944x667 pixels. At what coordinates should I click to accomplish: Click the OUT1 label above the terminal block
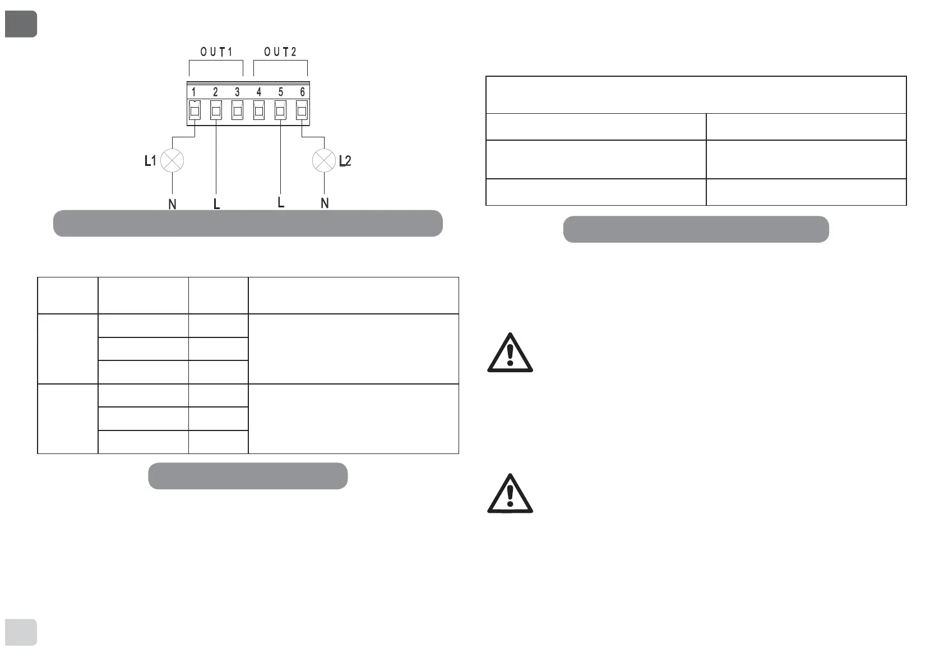point(216,52)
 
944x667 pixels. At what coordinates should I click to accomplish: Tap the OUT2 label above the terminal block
point(280,52)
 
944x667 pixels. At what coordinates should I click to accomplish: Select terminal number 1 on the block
point(194,92)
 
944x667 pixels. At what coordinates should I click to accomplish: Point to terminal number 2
point(216,92)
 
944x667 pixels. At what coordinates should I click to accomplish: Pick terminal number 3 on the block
point(237,92)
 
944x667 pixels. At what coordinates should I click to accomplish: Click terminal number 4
point(259,92)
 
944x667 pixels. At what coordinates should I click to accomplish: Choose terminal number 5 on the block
point(281,92)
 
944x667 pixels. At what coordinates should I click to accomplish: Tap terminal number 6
point(303,92)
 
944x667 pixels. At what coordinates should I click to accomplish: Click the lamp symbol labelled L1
point(172,161)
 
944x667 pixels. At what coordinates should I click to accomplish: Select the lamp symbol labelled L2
point(323,161)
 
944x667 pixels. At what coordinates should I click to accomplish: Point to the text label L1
point(150,161)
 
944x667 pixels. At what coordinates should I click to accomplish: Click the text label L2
point(345,161)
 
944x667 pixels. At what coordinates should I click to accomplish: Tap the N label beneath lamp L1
point(172,205)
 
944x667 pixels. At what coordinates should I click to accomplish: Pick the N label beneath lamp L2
point(325,203)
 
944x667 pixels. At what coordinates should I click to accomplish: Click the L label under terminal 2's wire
point(216,205)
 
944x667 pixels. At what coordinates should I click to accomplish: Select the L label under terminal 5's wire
point(281,202)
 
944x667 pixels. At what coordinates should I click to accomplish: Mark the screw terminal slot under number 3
point(238,110)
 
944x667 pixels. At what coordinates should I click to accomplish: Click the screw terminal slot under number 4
point(259,110)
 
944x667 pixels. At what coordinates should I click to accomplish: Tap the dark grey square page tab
point(21,24)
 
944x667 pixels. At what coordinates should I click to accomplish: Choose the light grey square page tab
point(21,632)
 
